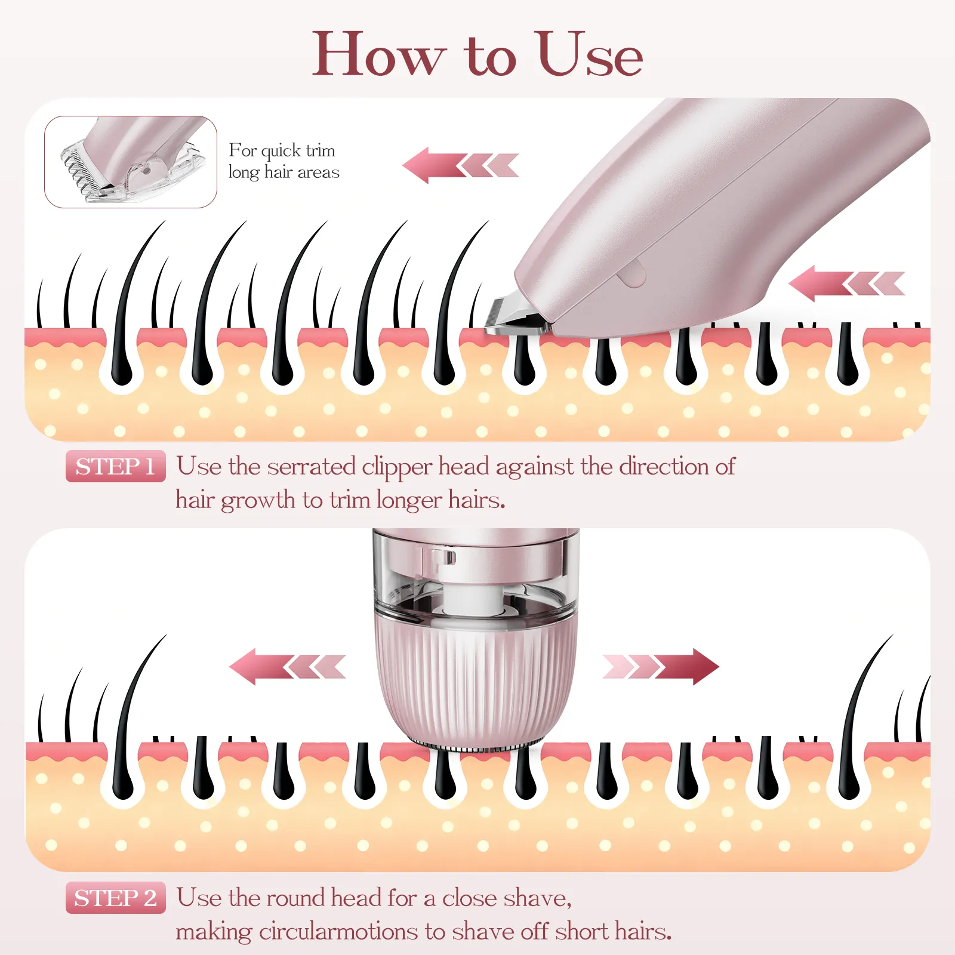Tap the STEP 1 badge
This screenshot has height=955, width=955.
pyautogui.click(x=115, y=466)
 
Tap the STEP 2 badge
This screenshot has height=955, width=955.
pyautogui.click(x=115, y=898)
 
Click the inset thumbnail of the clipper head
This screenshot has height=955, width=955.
pyautogui.click(x=131, y=162)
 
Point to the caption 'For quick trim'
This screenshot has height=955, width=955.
pyautogui.click(x=282, y=150)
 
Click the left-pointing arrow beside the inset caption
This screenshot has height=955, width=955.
pyautogui.click(x=461, y=165)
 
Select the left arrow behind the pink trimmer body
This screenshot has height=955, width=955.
pyautogui.click(x=846, y=284)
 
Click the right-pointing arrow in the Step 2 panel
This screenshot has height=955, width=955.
pyautogui.click(x=661, y=667)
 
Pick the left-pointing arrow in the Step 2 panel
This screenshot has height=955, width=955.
pyautogui.click(x=288, y=667)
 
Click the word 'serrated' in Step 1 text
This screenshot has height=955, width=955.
pyautogui.click(x=312, y=467)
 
